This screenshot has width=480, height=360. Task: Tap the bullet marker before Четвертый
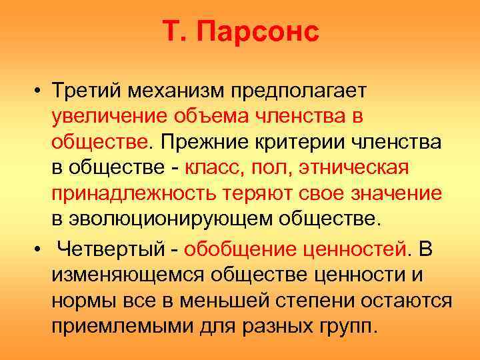[x=41, y=250]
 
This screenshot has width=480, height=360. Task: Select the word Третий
[x=87, y=89]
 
